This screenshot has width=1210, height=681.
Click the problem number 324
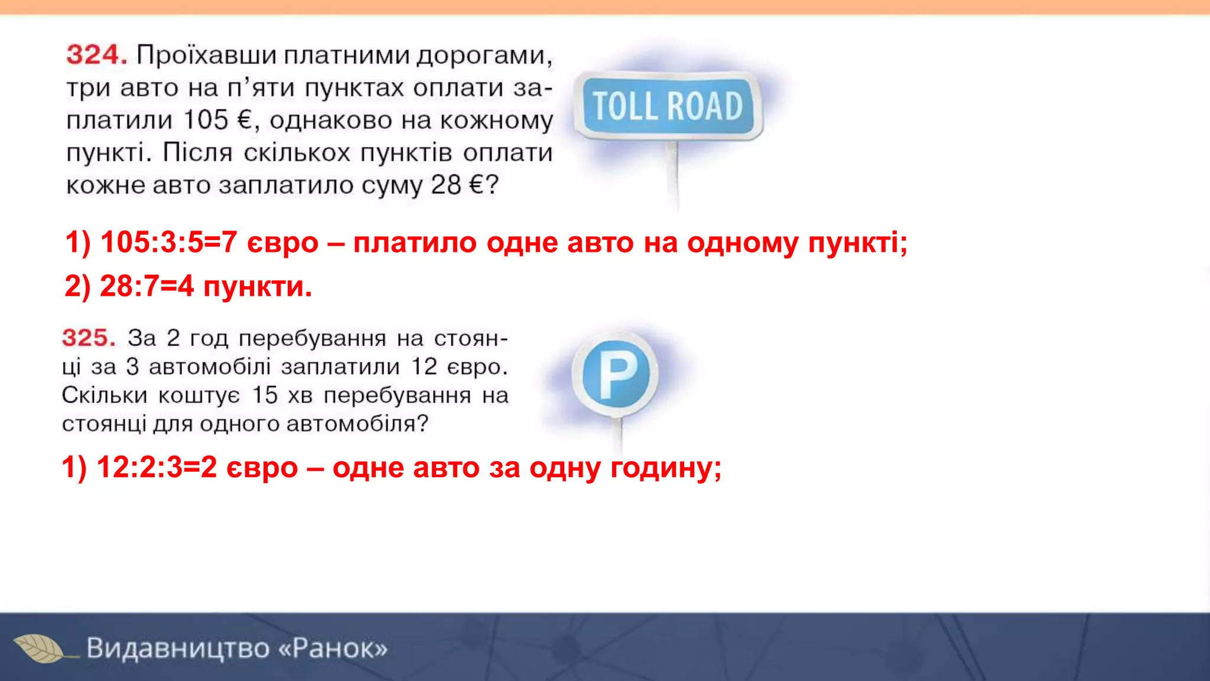tap(96, 55)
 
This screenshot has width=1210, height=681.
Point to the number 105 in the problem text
tap(206, 120)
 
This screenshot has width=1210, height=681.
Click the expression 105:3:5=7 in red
tap(168, 242)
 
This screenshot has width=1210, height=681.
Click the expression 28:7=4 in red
tap(147, 287)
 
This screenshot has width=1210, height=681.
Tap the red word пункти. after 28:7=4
tap(258, 287)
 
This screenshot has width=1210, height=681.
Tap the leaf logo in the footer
tap(40, 648)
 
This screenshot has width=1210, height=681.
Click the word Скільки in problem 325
tap(104, 395)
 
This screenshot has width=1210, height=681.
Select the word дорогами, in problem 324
tap(484, 56)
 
